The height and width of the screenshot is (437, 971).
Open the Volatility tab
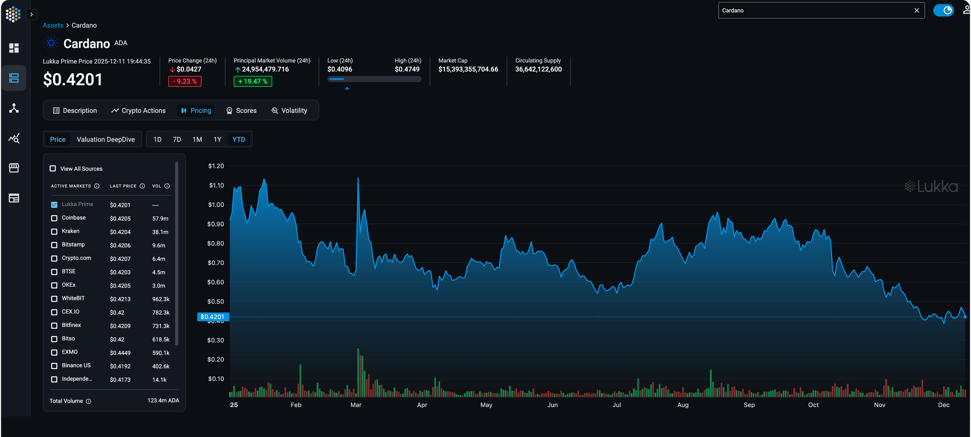pyautogui.click(x=289, y=110)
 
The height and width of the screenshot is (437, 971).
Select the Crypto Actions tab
pyautogui.click(x=138, y=110)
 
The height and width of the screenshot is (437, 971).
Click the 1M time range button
pyautogui.click(x=197, y=139)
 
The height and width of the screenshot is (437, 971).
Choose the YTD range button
pyautogui.click(x=239, y=139)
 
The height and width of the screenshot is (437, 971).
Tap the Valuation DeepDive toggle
pyautogui.click(x=106, y=139)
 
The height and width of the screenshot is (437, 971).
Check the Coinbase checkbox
pyautogui.click(x=54, y=218)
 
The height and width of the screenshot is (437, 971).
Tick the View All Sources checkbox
pyautogui.click(x=53, y=168)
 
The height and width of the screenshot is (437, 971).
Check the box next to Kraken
pyautogui.click(x=54, y=231)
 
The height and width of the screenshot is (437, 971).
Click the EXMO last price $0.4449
pyautogui.click(x=120, y=353)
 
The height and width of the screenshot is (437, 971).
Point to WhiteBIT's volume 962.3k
pyautogui.click(x=161, y=299)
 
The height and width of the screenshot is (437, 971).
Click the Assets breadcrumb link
pyautogui.click(x=53, y=25)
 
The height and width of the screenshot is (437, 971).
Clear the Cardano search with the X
pyautogui.click(x=917, y=11)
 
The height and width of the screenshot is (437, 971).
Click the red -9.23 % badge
pyautogui.click(x=185, y=81)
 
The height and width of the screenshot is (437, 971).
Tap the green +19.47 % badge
pyautogui.click(x=253, y=81)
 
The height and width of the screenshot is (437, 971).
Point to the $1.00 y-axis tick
pyautogui.click(x=216, y=205)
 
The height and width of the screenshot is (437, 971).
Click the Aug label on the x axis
pyautogui.click(x=683, y=405)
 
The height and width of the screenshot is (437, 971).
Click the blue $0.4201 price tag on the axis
pyautogui.click(x=212, y=317)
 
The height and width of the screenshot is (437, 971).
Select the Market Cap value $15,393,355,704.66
pyautogui.click(x=468, y=69)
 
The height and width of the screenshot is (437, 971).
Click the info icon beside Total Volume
pyautogui.click(x=88, y=401)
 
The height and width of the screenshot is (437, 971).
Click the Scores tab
pyautogui.click(x=242, y=110)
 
